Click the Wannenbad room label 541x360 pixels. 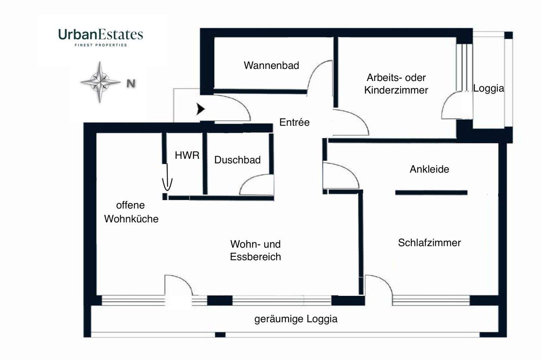[x=271, y=65]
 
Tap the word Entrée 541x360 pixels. [x=295, y=122]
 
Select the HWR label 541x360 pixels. [x=187, y=155]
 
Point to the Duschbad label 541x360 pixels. [x=237, y=160]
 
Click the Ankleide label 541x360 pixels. [x=429, y=169]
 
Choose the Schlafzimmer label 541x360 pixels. [x=429, y=243]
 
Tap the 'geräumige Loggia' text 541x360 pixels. [x=296, y=319]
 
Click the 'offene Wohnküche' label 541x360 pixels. [x=131, y=212]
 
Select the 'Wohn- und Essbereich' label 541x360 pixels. [x=255, y=250]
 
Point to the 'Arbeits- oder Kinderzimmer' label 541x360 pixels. [x=396, y=84]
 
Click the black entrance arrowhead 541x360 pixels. [x=201, y=109]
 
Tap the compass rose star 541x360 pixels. [x=100, y=82]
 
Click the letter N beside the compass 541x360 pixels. [x=131, y=83]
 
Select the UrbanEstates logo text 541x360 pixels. [x=101, y=35]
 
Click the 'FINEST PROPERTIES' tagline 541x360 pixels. [x=101, y=45]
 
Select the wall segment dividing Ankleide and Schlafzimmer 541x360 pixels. [x=431, y=193]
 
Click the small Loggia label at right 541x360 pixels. [x=488, y=88]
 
